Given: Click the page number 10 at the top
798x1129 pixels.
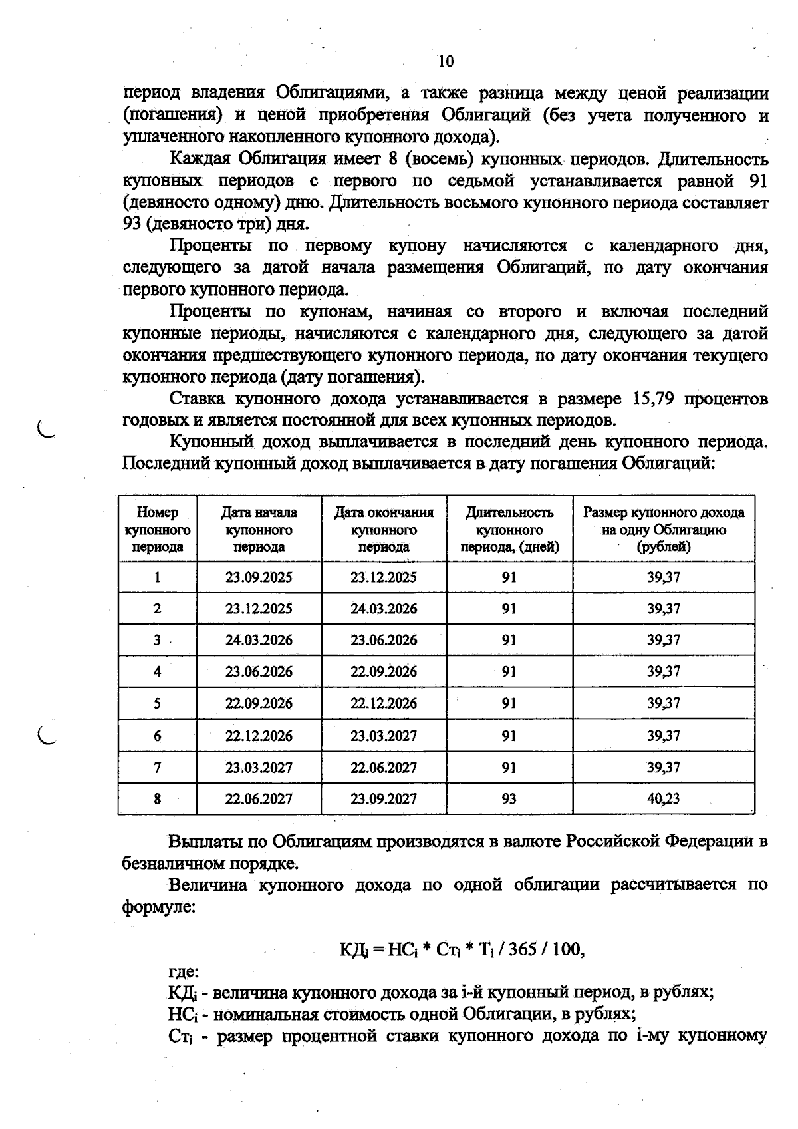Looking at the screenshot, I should (446, 62).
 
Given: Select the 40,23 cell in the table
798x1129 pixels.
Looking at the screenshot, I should (663, 798).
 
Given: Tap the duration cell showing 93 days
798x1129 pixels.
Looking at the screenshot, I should (509, 798).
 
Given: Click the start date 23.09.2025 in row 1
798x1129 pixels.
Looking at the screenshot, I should (259, 577).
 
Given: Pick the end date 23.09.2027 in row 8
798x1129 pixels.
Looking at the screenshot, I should (384, 798).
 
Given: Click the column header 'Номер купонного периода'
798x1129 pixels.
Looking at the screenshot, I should (158, 530).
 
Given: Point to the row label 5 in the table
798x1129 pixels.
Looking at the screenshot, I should (158, 703).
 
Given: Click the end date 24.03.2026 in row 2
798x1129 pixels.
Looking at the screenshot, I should (384, 609).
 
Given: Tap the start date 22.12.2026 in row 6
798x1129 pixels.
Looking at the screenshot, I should (259, 736).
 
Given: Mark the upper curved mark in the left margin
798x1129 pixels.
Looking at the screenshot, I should (45, 430).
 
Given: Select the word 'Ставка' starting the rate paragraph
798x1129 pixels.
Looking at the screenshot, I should (198, 399).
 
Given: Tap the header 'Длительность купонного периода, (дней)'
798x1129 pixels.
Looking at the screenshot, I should (509, 530).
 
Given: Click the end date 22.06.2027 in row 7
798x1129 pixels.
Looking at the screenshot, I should (384, 768).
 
